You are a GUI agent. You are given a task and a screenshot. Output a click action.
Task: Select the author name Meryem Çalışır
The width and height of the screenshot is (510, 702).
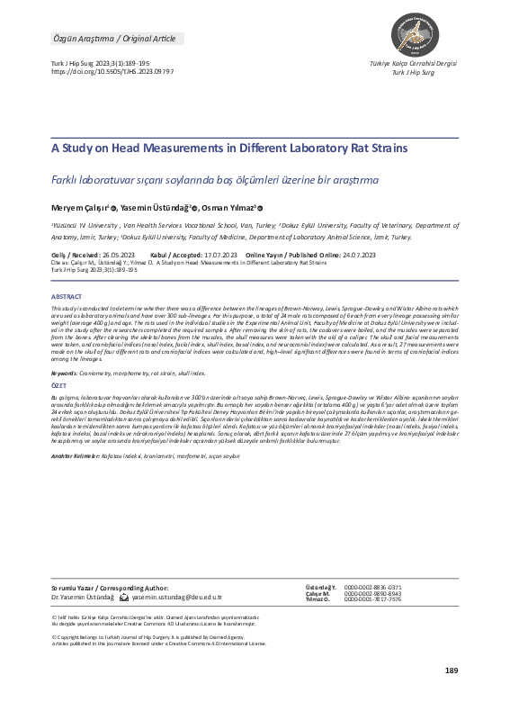pyautogui.click(x=78, y=205)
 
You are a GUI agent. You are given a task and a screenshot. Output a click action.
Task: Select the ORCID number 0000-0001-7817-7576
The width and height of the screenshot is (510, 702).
pyautogui.click(x=377, y=600)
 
